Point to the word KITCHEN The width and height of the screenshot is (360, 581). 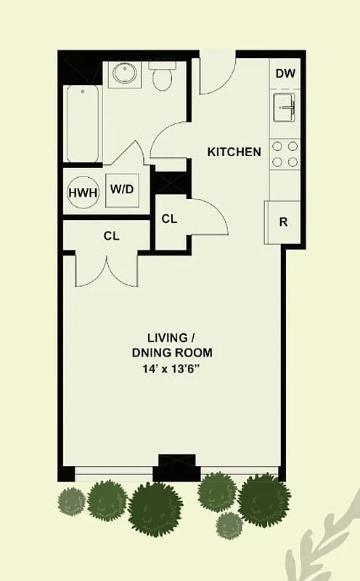[x=234, y=153]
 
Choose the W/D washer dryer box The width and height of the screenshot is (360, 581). [x=121, y=190]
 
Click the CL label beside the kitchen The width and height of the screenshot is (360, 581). [x=169, y=219]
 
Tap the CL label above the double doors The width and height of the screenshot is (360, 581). [x=111, y=236]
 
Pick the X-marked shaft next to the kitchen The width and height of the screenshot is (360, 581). [x=172, y=181]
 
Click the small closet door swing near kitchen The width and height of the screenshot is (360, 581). [x=208, y=217]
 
